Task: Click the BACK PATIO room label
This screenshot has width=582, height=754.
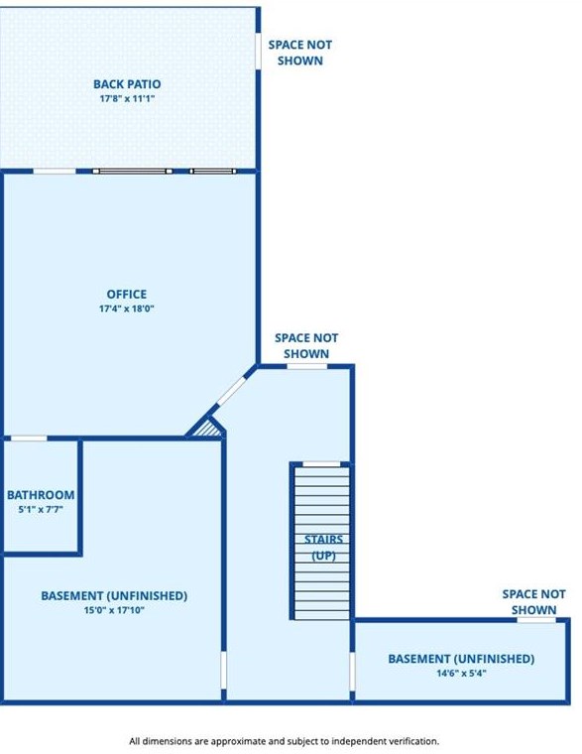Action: point(127,84)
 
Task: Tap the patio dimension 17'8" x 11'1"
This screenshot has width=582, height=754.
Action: point(127,99)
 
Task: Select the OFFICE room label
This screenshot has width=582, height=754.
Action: point(127,294)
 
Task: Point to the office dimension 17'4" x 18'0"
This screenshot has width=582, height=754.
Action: point(127,309)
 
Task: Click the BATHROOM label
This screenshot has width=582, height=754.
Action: point(41,495)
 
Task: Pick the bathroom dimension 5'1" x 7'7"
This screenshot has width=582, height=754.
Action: point(41,510)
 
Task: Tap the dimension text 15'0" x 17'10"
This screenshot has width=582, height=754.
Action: point(114,611)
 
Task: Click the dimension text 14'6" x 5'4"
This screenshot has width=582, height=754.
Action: point(461,673)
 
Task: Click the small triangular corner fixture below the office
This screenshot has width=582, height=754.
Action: point(206,428)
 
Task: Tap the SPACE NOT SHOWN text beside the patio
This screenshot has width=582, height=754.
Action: point(300,53)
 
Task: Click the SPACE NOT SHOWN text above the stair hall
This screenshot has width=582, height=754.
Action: point(306,345)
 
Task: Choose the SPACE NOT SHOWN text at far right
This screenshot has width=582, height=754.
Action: point(534,601)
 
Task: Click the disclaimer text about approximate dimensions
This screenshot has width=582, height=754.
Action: point(284,741)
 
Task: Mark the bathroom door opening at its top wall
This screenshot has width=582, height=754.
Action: point(29,438)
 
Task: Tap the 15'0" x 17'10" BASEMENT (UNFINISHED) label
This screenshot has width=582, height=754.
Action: point(114,596)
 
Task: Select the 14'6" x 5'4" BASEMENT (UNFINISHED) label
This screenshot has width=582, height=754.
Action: point(461,659)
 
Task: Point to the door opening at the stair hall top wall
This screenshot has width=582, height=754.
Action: point(306,366)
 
